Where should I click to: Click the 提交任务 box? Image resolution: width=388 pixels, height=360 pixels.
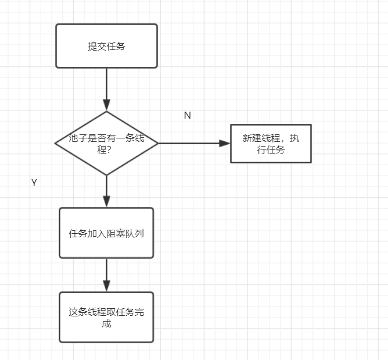(x=106, y=46)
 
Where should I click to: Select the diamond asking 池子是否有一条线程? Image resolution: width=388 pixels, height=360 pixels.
(x=106, y=143)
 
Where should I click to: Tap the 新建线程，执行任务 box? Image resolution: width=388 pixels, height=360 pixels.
(x=271, y=144)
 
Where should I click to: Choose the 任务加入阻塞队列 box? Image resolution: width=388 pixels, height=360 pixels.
(x=106, y=233)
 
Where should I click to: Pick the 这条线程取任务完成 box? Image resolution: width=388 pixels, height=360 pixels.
(x=106, y=317)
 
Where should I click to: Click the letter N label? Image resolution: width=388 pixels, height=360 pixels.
(x=187, y=115)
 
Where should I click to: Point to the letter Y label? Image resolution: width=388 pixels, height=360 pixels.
(x=34, y=183)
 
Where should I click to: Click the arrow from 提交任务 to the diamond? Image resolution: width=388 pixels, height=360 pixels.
(x=106, y=87)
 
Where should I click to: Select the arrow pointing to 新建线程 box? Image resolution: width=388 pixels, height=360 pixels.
(x=192, y=143)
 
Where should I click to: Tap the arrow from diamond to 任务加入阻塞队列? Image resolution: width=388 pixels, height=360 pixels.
(x=106, y=189)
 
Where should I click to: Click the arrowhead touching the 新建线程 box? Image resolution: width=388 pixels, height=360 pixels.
(x=225, y=143)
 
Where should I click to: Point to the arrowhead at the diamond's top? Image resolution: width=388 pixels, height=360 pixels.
(x=106, y=105)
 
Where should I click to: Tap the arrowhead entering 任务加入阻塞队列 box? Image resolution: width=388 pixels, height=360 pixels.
(x=106, y=202)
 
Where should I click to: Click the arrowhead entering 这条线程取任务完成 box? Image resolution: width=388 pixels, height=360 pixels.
(x=106, y=286)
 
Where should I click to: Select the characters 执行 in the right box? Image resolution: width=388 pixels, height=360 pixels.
(x=296, y=138)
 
